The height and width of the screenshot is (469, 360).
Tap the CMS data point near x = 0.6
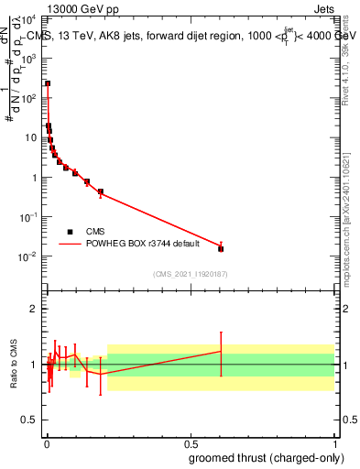click(221, 248)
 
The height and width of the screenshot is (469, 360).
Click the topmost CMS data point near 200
click(48, 83)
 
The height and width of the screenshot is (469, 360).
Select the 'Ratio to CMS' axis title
click(14, 365)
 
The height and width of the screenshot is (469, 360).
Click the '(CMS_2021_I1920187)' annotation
click(190, 273)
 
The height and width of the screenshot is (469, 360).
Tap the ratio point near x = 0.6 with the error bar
click(221, 352)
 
